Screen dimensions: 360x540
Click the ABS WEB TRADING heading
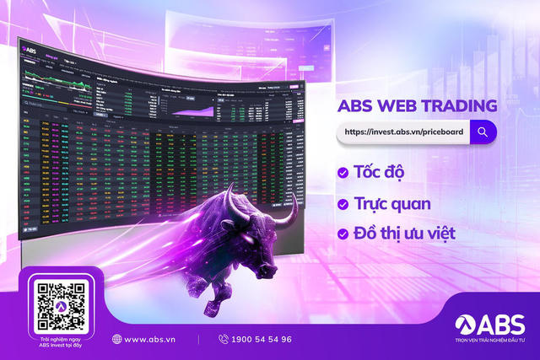coord(415,107)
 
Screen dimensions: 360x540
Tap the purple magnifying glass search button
coord(483,132)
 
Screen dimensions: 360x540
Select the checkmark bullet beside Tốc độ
coord(343,173)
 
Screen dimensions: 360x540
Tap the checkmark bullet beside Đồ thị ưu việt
coord(343,234)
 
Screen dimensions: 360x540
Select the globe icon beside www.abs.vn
coord(116,339)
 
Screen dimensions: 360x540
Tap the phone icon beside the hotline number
coord(224,339)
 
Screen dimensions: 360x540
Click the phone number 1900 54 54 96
coord(262,339)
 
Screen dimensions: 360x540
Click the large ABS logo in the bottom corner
coord(489,324)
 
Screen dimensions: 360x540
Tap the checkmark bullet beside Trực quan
coord(343,203)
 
